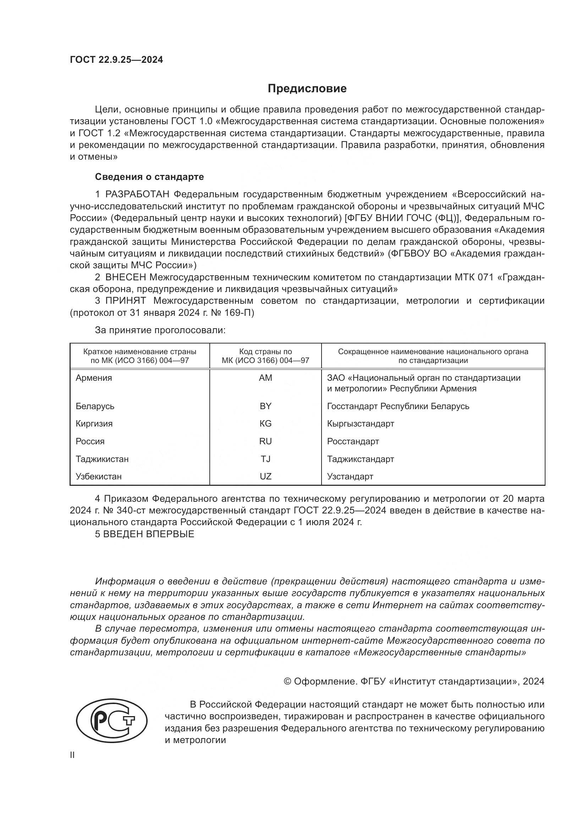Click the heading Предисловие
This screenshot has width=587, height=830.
pyautogui.click(x=307, y=89)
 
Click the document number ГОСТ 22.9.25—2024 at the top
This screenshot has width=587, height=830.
pyautogui.click(x=116, y=60)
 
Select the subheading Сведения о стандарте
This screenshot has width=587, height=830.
pyautogui.click(x=149, y=177)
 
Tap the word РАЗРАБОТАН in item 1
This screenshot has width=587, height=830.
pyautogui.click(x=137, y=194)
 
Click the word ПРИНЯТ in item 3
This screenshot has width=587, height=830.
pyautogui.click(x=125, y=301)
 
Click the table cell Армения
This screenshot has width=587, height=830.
pyautogui.click(x=94, y=378)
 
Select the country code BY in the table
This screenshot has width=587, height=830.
pyautogui.click(x=265, y=406)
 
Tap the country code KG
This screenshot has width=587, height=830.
pyautogui.click(x=265, y=423)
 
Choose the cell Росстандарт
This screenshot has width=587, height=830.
pyautogui.click(x=353, y=441)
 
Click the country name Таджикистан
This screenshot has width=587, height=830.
pyautogui.click(x=102, y=459)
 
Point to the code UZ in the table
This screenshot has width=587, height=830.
pyautogui.click(x=265, y=476)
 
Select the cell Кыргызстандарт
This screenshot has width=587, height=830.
pyautogui.click(x=360, y=423)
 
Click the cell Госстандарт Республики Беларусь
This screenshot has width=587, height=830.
pyautogui.click(x=398, y=406)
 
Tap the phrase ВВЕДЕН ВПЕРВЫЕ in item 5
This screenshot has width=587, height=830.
pyautogui.click(x=149, y=534)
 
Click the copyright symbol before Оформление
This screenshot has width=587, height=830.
pyautogui.click(x=288, y=681)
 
